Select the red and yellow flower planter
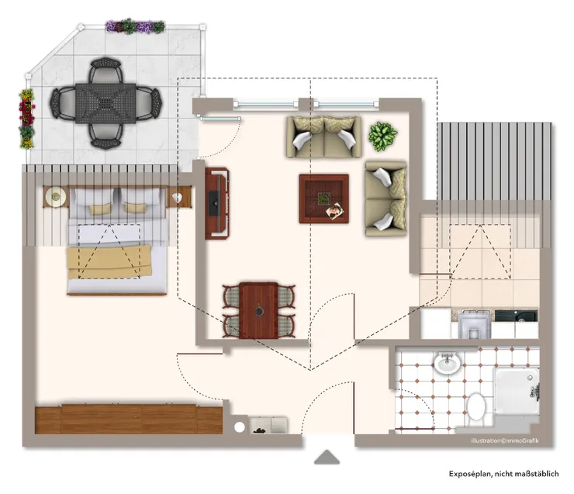27,118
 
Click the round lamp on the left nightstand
56,198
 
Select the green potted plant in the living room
382,136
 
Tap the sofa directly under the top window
323,136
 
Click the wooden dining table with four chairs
258,310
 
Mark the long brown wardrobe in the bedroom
128,419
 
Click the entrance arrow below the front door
327,458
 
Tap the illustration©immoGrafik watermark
505,441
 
